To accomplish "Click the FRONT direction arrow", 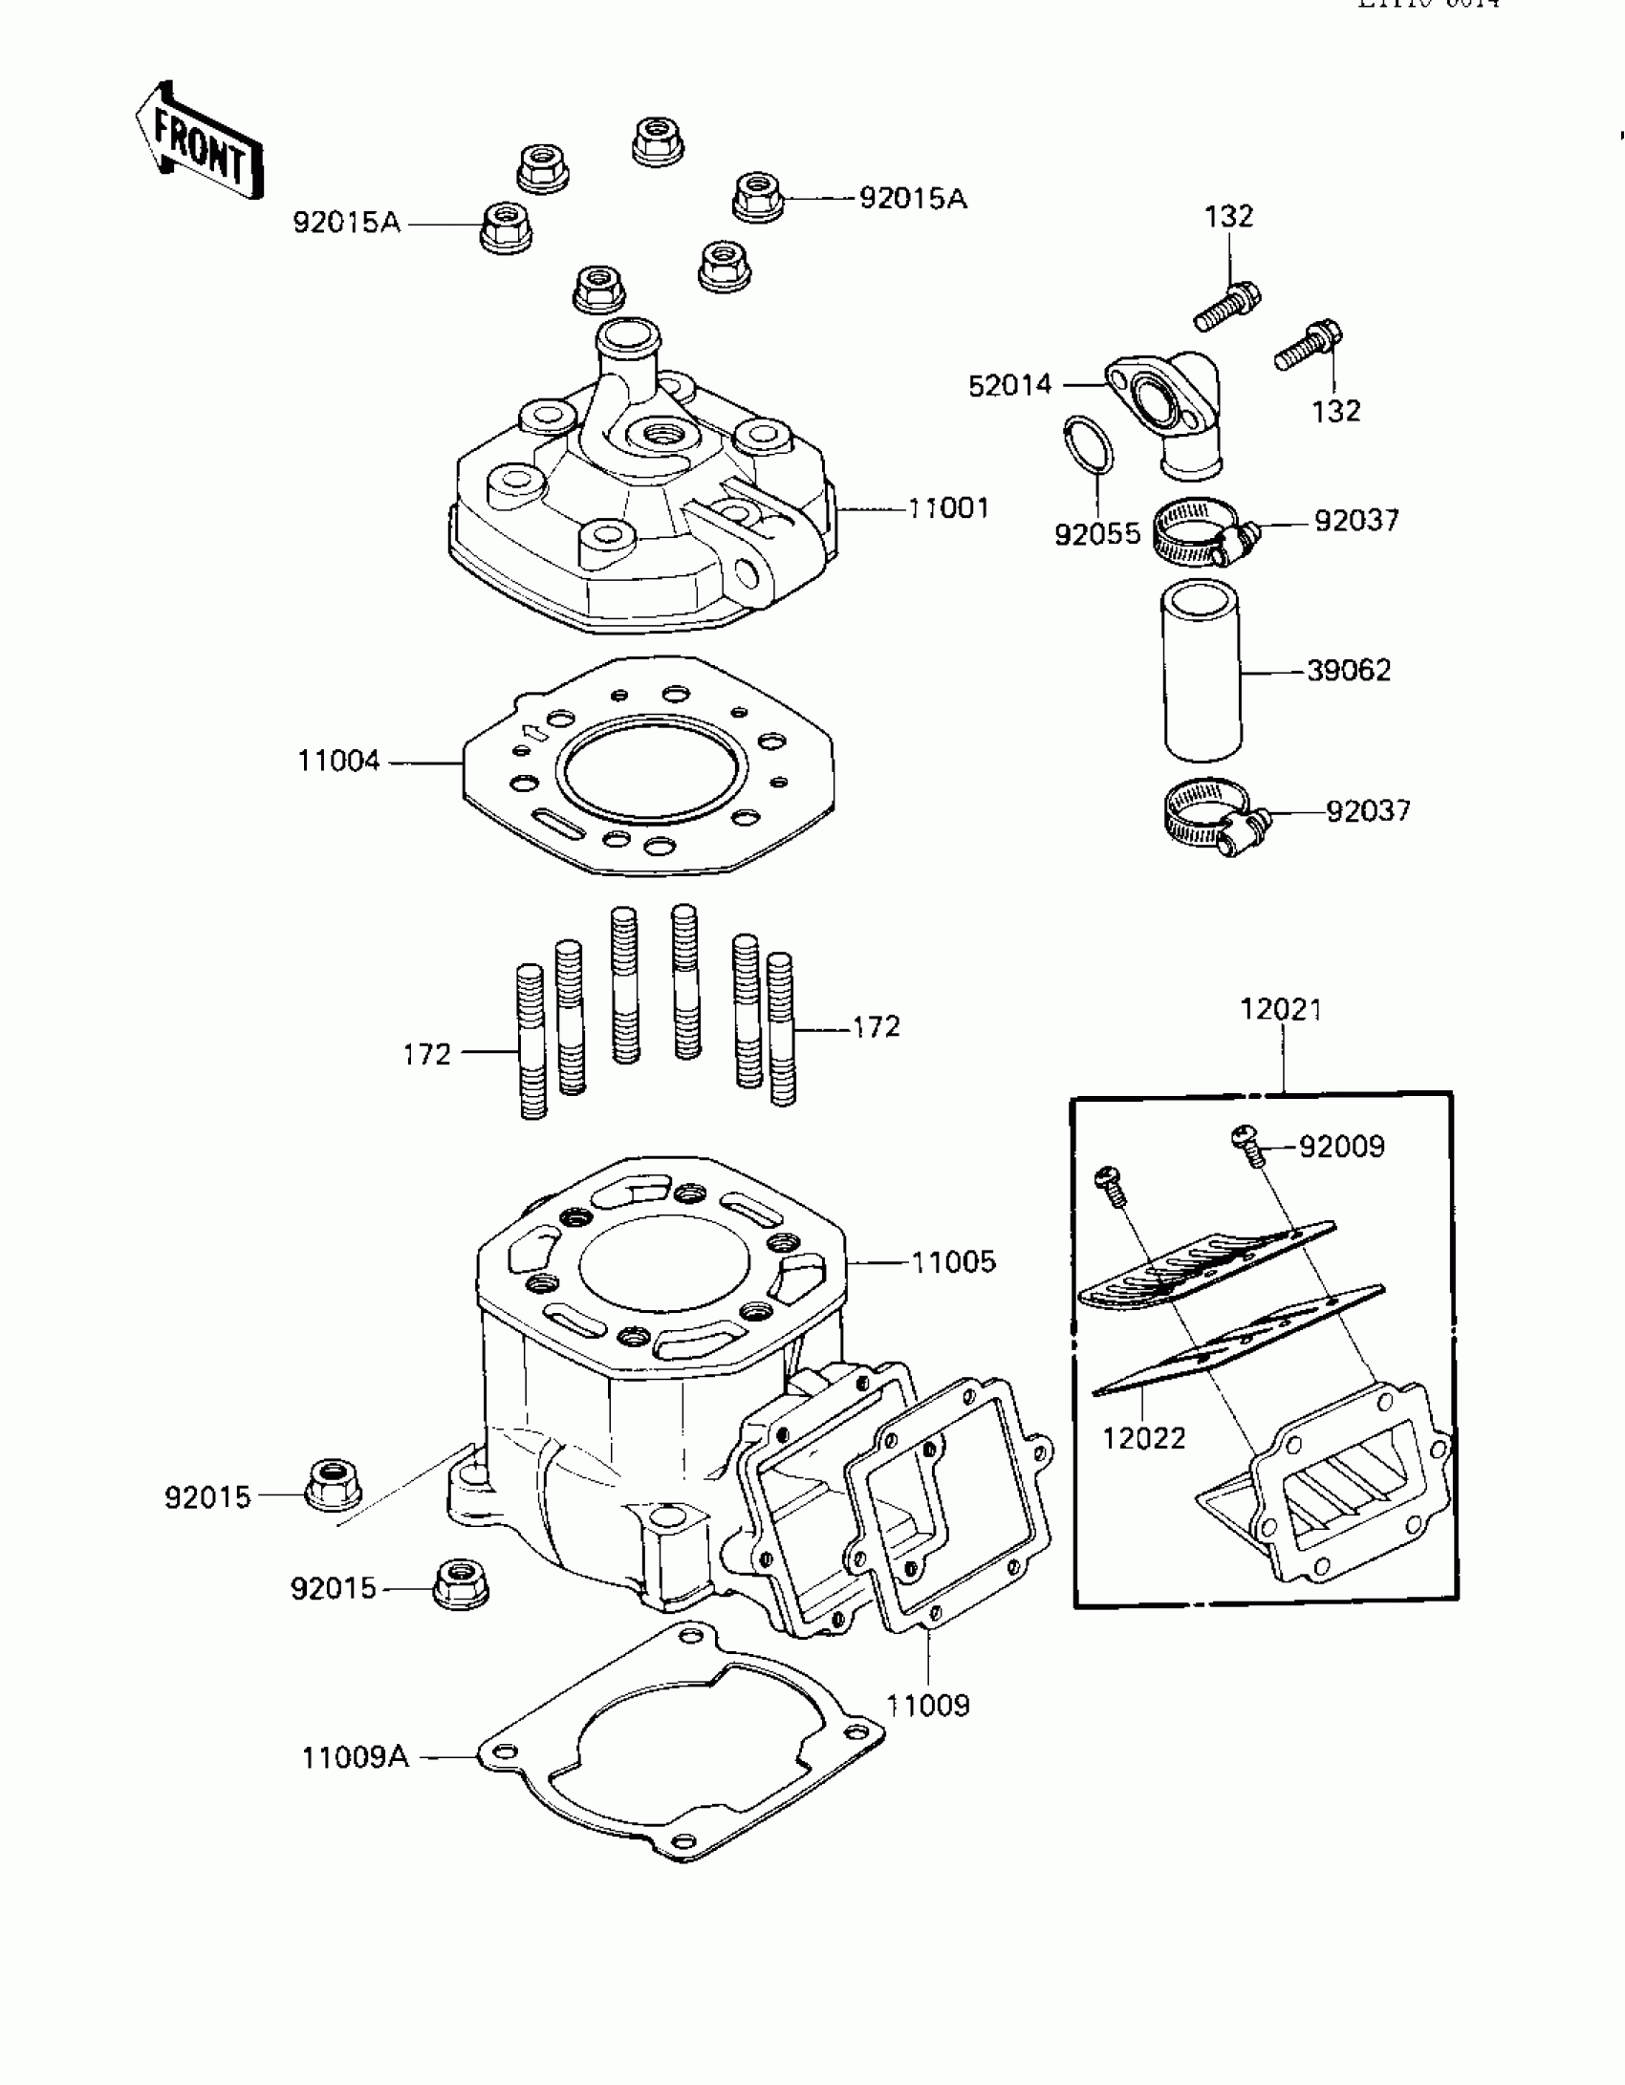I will coord(199,140).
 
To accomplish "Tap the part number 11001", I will coord(948,508).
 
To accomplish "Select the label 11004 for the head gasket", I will coord(339,762).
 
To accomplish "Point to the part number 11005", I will coord(953,1262).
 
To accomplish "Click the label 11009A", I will coord(355,1757).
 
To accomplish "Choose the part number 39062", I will coord(1349,671).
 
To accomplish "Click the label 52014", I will coord(1009,386).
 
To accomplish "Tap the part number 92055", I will coord(1097,534).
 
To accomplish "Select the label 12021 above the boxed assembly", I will coord(1281,1009).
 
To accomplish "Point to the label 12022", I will coord(1144,1465).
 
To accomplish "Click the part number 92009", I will coord(1341,1147).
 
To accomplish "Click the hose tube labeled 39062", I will coord(1202,675).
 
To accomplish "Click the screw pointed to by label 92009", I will coord(1246,1143).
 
